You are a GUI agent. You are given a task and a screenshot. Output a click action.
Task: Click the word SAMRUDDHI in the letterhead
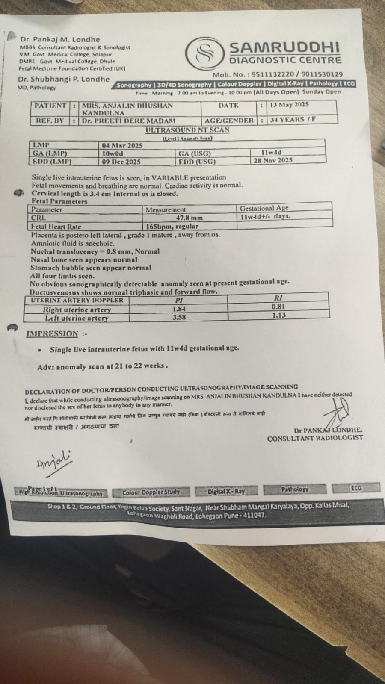(285, 47)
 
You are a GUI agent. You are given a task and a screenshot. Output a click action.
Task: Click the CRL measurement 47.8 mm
(190, 218)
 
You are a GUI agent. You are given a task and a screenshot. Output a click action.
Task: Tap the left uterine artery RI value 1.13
(278, 315)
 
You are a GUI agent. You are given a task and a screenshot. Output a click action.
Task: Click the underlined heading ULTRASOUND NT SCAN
(187, 130)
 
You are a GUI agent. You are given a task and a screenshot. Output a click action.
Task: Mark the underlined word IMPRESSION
(52, 333)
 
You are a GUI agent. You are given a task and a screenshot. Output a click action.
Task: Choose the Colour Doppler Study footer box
(151, 492)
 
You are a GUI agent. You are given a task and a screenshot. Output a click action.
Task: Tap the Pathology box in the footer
(295, 489)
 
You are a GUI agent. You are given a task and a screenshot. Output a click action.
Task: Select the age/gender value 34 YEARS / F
(293, 120)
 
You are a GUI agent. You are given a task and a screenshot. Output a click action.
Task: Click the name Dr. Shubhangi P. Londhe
(64, 79)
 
